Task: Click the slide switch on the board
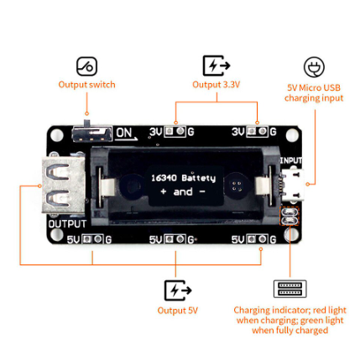pos(91,133)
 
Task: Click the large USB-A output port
pos(64,186)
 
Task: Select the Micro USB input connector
pos(293,185)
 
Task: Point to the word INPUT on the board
pos(291,160)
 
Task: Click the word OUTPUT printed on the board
pos(67,224)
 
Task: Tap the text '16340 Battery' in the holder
pos(183,178)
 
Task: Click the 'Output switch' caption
pos(86,85)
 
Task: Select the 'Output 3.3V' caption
pos(216,85)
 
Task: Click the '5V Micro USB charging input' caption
pos(314,93)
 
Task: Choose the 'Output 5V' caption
pos(178,311)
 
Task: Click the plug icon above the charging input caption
pos(314,67)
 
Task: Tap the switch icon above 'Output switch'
pos(86,66)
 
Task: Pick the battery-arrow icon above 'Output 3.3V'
pos(217,65)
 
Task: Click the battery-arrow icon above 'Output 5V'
pos(178,290)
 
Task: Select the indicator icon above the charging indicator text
pos(290,289)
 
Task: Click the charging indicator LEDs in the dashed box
pos(290,216)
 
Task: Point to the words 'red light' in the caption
pos(330,310)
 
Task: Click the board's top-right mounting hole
pos(292,136)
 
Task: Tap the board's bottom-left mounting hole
pos(56,234)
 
